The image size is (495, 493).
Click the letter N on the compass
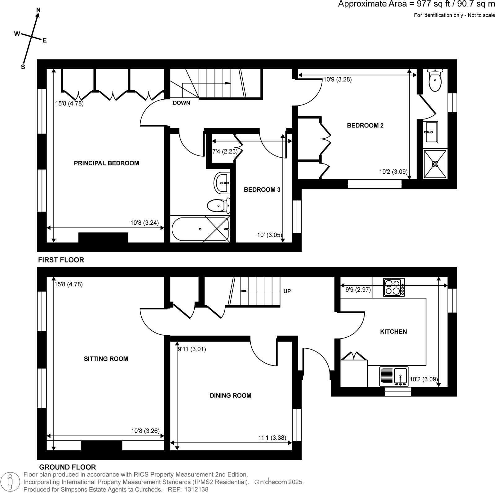tap(38, 10)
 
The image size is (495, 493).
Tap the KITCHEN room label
tap(393, 332)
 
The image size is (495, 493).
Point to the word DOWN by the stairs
tap(181, 103)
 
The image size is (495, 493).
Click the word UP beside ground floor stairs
tap(287, 291)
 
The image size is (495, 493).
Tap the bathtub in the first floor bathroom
tap(200, 229)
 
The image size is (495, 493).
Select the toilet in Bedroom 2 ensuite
tap(435, 80)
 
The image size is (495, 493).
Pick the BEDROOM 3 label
tap(262, 190)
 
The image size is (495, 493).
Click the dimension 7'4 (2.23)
tap(224, 151)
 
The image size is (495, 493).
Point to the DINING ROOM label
tap(230, 396)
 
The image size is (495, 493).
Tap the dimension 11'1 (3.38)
tap(272, 438)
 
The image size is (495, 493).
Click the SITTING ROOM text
tap(106, 359)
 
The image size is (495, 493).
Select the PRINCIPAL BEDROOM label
tap(106, 163)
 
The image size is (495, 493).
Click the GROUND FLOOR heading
tap(67, 467)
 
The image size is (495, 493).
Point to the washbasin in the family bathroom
tap(222, 183)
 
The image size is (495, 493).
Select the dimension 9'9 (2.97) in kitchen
tap(358, 290)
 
